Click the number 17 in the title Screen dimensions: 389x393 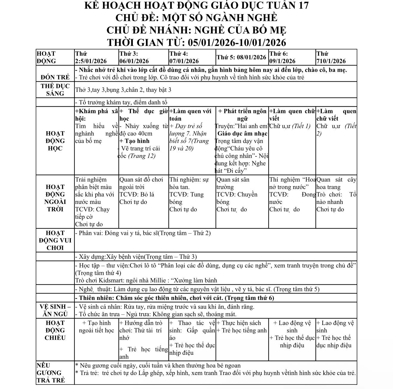click(x=301, y=5)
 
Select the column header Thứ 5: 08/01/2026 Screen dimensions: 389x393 click(x=241, y=57)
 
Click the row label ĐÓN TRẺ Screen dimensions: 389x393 click(x=55, y=77)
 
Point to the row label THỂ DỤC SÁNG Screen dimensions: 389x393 click(x=55, y=90)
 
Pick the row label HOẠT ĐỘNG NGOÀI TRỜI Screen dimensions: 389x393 click(x=55, y=198)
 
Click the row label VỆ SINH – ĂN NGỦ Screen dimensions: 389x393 click(x=55, y=310)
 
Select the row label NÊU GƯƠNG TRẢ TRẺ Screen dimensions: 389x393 click(x=51, y=373)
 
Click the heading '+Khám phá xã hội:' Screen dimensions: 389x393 click(x=96, y=115)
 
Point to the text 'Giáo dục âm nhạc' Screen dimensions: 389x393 click(x=242, y=134)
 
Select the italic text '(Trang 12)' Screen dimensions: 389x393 click(x=141, y=156)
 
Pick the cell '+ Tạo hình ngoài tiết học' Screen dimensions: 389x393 click(x=96, y=327)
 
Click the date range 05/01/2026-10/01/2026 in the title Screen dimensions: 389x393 click(x=237, y=42)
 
